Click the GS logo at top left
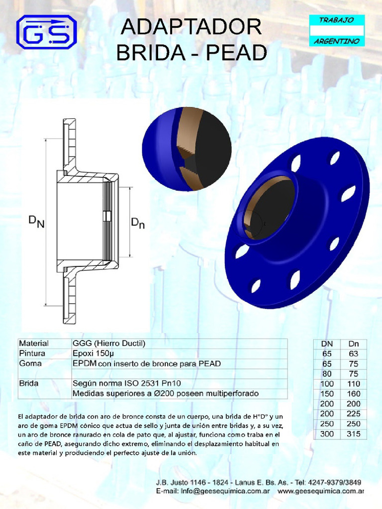46,32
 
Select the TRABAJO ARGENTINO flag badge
337,30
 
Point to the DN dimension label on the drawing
36,221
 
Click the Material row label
34,343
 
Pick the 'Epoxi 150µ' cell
95,353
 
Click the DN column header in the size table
327,343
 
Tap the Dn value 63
354,353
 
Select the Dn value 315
354,434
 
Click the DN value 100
327,384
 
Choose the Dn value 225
354,414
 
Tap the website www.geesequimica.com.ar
321,491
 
